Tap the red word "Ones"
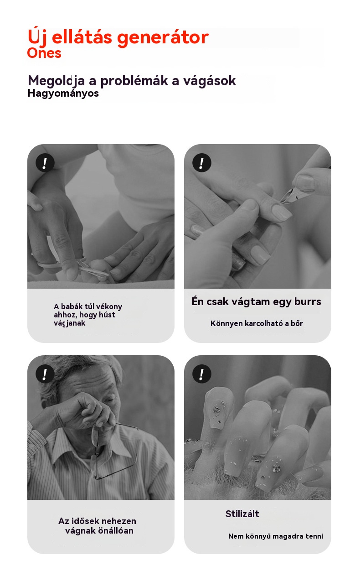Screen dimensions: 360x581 [x=44, y=53]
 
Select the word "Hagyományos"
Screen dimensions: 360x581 [x=63, y=93]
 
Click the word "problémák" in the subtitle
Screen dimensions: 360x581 [x=134, y=81]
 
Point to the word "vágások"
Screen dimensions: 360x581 [x=210, y=81]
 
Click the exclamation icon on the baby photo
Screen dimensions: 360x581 [x=45, y=163]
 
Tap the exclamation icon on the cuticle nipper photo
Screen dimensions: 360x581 [x=201, y=163]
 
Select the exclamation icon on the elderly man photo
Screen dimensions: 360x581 [x=45, y=374]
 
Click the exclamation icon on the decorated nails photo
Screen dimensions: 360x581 [x=201, y=374]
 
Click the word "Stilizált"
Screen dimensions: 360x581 [x=242, y=514]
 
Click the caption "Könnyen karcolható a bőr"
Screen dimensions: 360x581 [x=257, y=323]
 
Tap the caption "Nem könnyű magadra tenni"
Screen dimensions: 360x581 [x=276, y=536]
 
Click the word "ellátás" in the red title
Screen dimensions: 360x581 [x=82, y=37]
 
